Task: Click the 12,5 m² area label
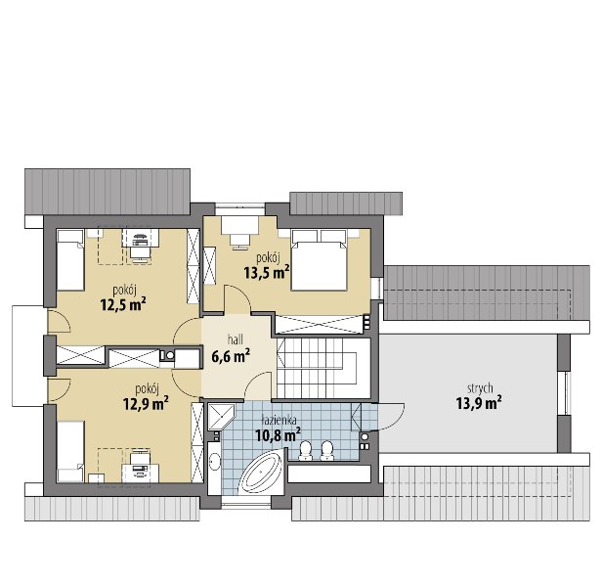pyautogui.click(x=123, y=305)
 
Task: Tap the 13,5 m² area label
pyautogui.click(x=267, y=272)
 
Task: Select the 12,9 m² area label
pyautogui.click(x=146, y=404)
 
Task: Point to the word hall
pyautogui.click(x=235, y=339)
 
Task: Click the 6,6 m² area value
pyautogui.click(x=231, y=355)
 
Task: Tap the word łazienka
pyautogui.click(x=279, y=421)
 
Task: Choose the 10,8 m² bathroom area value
pyautogui.click(x=278, y=435)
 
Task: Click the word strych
pyautogui.click(x=480, y=388)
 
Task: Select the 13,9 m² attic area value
pyautogui.click(x=479, y=404)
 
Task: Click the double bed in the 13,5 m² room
pyautogui.click(x=319, y=260)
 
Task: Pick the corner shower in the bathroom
pyautogui.click(x=221, y=417)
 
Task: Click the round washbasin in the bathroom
pyautogui.click(x=214, y=462)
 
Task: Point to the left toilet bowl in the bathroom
pyautogui.click(x=306, y=450)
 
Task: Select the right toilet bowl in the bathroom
pyautogui.click(x=326, y=450)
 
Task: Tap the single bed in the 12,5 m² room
pyautogui.click(x=70, y=260)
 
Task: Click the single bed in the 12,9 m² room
pyautogui.click(x=70, y=452)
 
